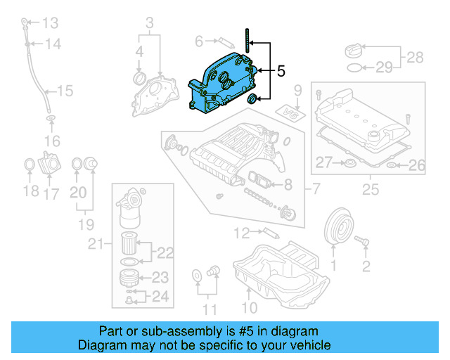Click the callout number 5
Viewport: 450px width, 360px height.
pos(281,71)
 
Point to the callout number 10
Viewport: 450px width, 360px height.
pos(250,307)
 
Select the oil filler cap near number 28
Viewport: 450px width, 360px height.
pos(352,51)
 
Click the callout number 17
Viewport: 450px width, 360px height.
pos(51,193)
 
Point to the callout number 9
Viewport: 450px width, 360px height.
pos(297,90)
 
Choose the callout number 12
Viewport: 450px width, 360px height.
pos(241,232)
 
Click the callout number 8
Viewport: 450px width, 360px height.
pos(288,186)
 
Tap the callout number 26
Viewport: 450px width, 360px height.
pos(417,166)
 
